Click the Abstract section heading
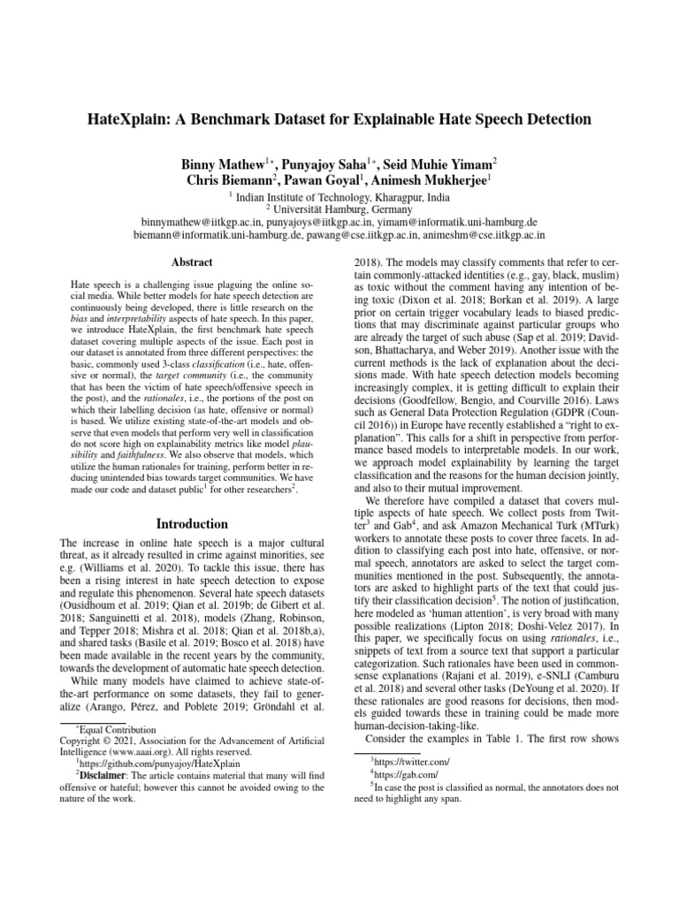191,262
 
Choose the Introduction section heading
191,523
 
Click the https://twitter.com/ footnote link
411,759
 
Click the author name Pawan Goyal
327,180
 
